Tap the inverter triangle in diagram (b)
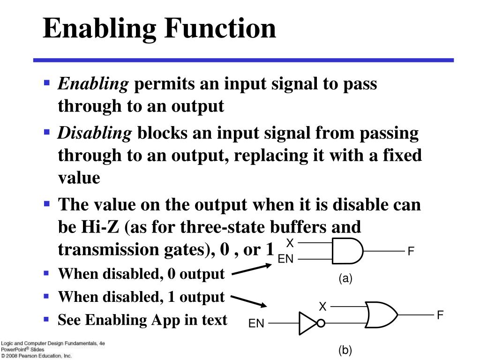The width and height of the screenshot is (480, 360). click(x=307, y=323)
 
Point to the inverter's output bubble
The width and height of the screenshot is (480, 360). click(x=321, y=323)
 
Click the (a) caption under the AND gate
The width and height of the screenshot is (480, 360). click(x=345, y=278)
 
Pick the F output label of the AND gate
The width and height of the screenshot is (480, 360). click(x=411, y=252)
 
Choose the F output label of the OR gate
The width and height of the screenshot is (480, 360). click(x=440, y=315)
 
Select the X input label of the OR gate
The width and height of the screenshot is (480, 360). click(x=322, y=307)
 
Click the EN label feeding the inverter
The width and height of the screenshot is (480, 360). click(x=256, y=323)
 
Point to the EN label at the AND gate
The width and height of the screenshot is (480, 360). click(x=285, y=259)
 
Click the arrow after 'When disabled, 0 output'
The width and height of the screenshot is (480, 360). click(x=251, y=270)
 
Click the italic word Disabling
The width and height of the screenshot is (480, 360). click(x=95, y=134)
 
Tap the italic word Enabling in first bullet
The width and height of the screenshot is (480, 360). click(x=93, y=84)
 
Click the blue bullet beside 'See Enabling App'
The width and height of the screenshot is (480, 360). click(x=46, y=319)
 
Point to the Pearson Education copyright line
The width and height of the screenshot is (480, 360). click(x=37, y=356)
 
